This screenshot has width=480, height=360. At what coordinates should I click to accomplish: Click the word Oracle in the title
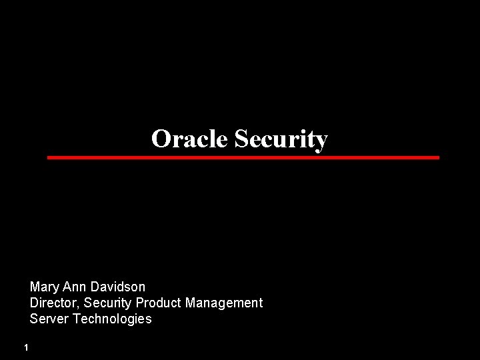point(189,139)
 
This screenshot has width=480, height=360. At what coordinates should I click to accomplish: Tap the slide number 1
point(25,347)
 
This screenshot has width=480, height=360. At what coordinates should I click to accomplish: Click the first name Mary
point(45,287)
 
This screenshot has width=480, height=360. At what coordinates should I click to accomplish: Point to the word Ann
point(74,287)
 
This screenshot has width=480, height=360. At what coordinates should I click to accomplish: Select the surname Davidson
point(117,287)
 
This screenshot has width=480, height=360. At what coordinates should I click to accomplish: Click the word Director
point(52,303)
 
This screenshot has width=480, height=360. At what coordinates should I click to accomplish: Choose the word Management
point(224,303)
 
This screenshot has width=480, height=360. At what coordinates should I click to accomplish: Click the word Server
point(49,319)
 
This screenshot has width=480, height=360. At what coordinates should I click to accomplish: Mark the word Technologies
point(112,319)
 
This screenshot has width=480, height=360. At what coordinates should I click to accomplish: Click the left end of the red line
point(49,157)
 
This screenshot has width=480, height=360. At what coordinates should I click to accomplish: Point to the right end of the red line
point(438,157)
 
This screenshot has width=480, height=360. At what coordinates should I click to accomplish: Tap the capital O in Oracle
point(160,139)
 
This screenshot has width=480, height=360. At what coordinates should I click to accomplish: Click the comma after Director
point(76,306)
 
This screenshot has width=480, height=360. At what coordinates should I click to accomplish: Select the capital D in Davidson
point(94,287)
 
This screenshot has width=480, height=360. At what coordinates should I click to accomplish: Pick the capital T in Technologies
point(76,319)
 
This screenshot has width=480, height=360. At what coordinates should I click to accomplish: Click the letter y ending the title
point(322,141)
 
